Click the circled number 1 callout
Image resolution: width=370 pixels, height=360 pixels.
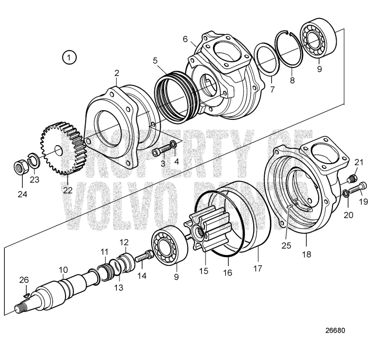tap(69, 56)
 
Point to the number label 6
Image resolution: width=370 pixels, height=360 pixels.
tap(185, 39)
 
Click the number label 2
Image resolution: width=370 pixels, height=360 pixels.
tap(116, 73)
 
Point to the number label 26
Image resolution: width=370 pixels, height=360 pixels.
tap(23, 280)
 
